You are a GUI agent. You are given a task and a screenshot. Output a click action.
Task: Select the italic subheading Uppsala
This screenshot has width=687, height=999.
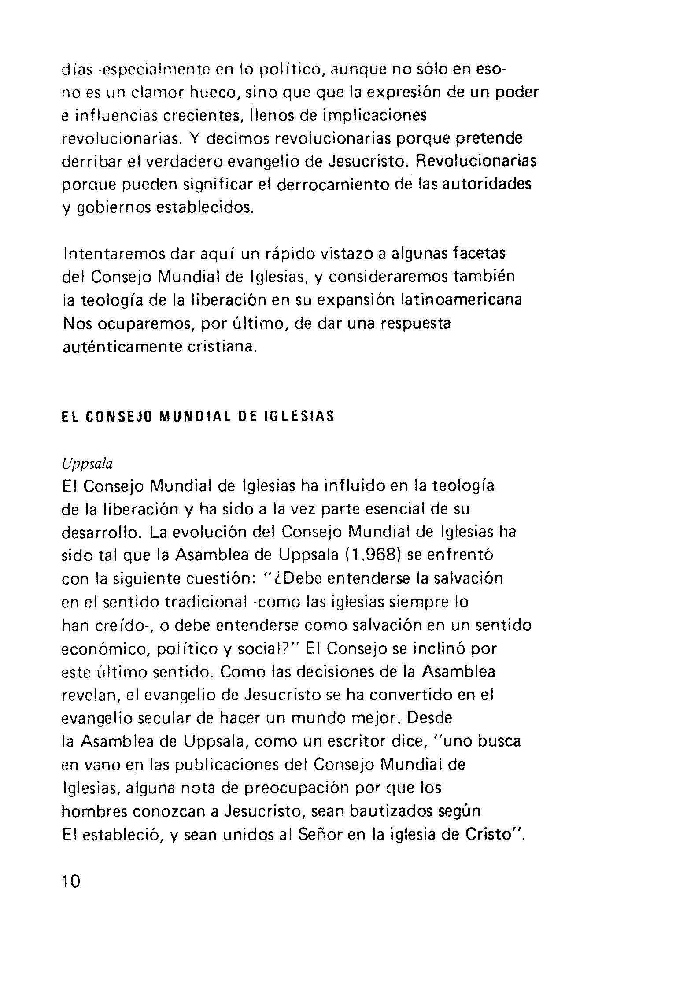[87, 464]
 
